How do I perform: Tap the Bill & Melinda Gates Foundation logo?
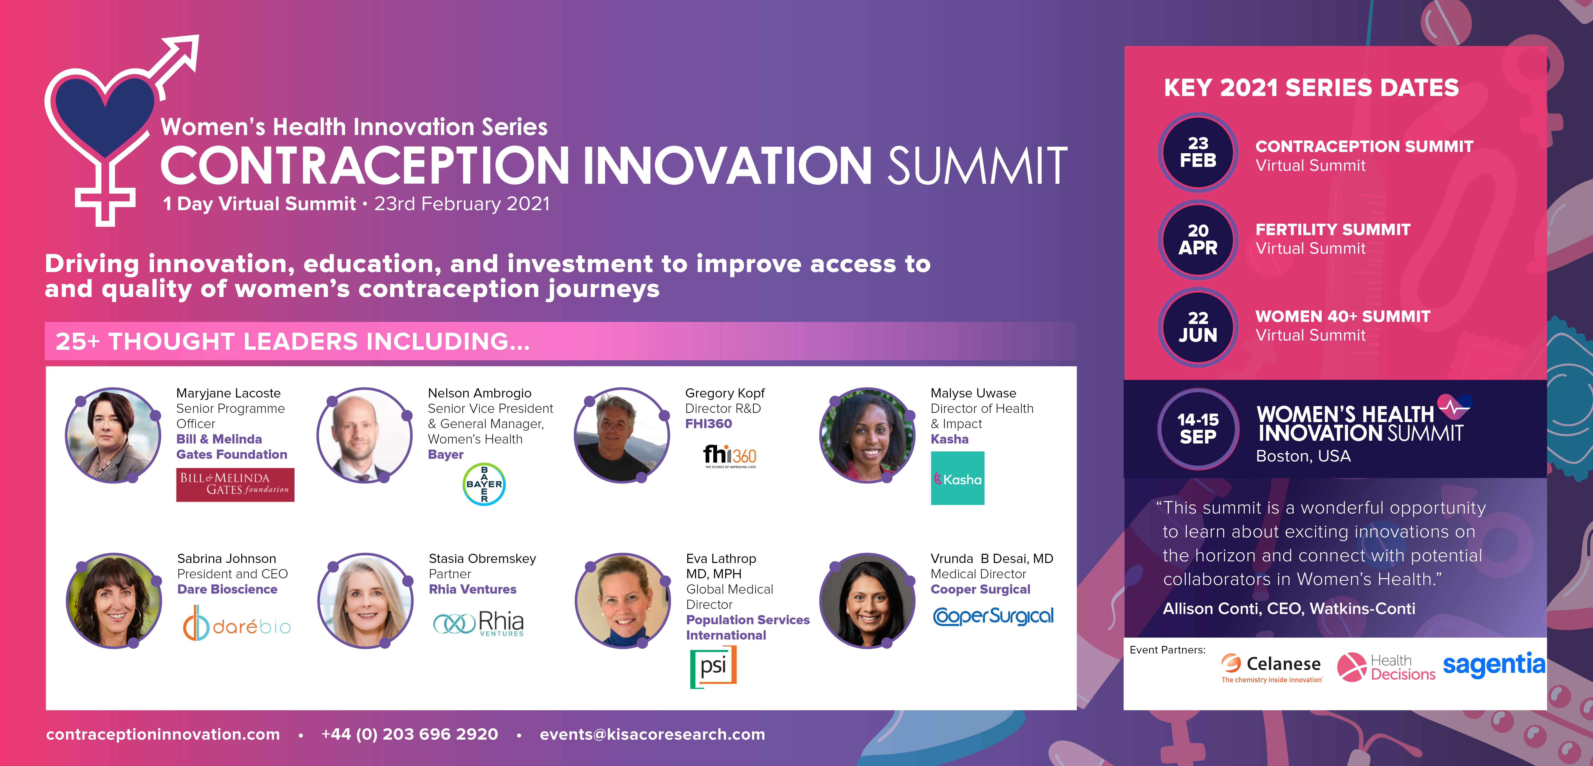[235, 485]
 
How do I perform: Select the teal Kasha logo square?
[957, 478]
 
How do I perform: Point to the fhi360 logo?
[730, 456]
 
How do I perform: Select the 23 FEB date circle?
[1198, 152]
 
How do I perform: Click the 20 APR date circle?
[1198, 239]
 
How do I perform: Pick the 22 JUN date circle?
[1198, 327]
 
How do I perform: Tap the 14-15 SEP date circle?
[1198, 428]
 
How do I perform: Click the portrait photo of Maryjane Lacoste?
[113, 435]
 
